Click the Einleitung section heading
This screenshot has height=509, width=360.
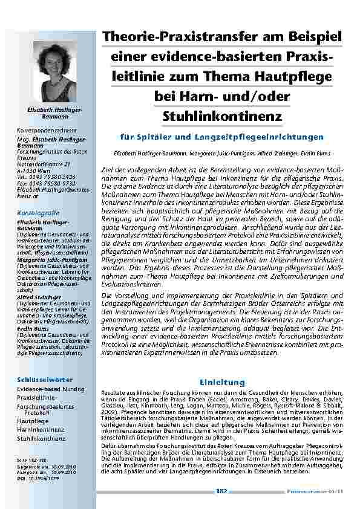(x=222, y=382)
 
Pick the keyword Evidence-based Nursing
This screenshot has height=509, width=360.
(x=51, y=391)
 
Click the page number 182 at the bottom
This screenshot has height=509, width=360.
(x=221, y=491)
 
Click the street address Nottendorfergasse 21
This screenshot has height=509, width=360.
(x=44, y=164)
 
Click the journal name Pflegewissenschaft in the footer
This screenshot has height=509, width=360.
(x=311, y=491)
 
